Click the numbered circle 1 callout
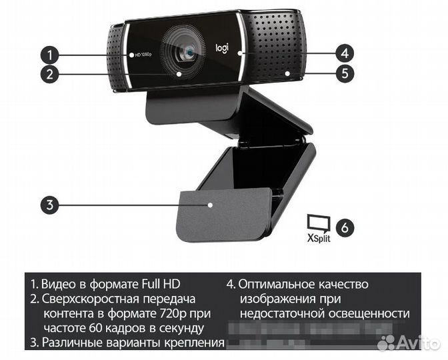tap(48, 53)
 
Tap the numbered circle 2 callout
tap(48, 73)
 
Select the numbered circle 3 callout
tap(48, 205)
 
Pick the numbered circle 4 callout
tap(343, 53)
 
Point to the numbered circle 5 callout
tap(343, 73)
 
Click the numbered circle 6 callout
tap(344, 227)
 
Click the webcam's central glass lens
tap(189, 51)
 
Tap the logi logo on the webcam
tap(222, 48)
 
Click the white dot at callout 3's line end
tap(211, 206)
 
